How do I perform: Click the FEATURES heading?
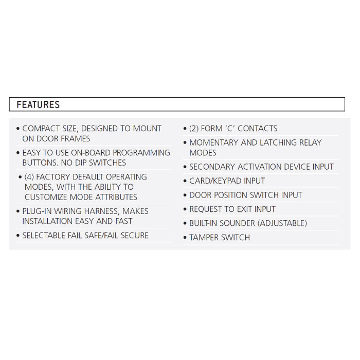point(38,104)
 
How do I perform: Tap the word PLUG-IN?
point(37,211)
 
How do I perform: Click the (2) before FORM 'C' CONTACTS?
point(194,129)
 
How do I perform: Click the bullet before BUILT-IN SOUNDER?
point(185,224)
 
